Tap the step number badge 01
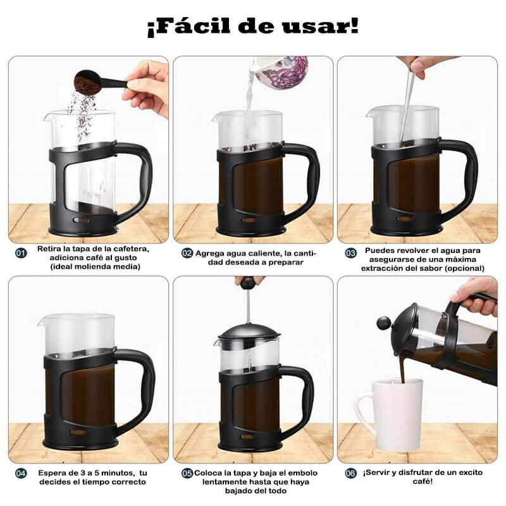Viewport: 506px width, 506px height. point(22,253)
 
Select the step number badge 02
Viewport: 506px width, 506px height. point(187,253)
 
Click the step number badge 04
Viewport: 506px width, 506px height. point(22,472)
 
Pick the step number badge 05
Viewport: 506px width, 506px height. point(187,472)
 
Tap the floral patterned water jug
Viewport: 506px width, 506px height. point(282,71)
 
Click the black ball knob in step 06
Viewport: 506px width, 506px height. point(384,323)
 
